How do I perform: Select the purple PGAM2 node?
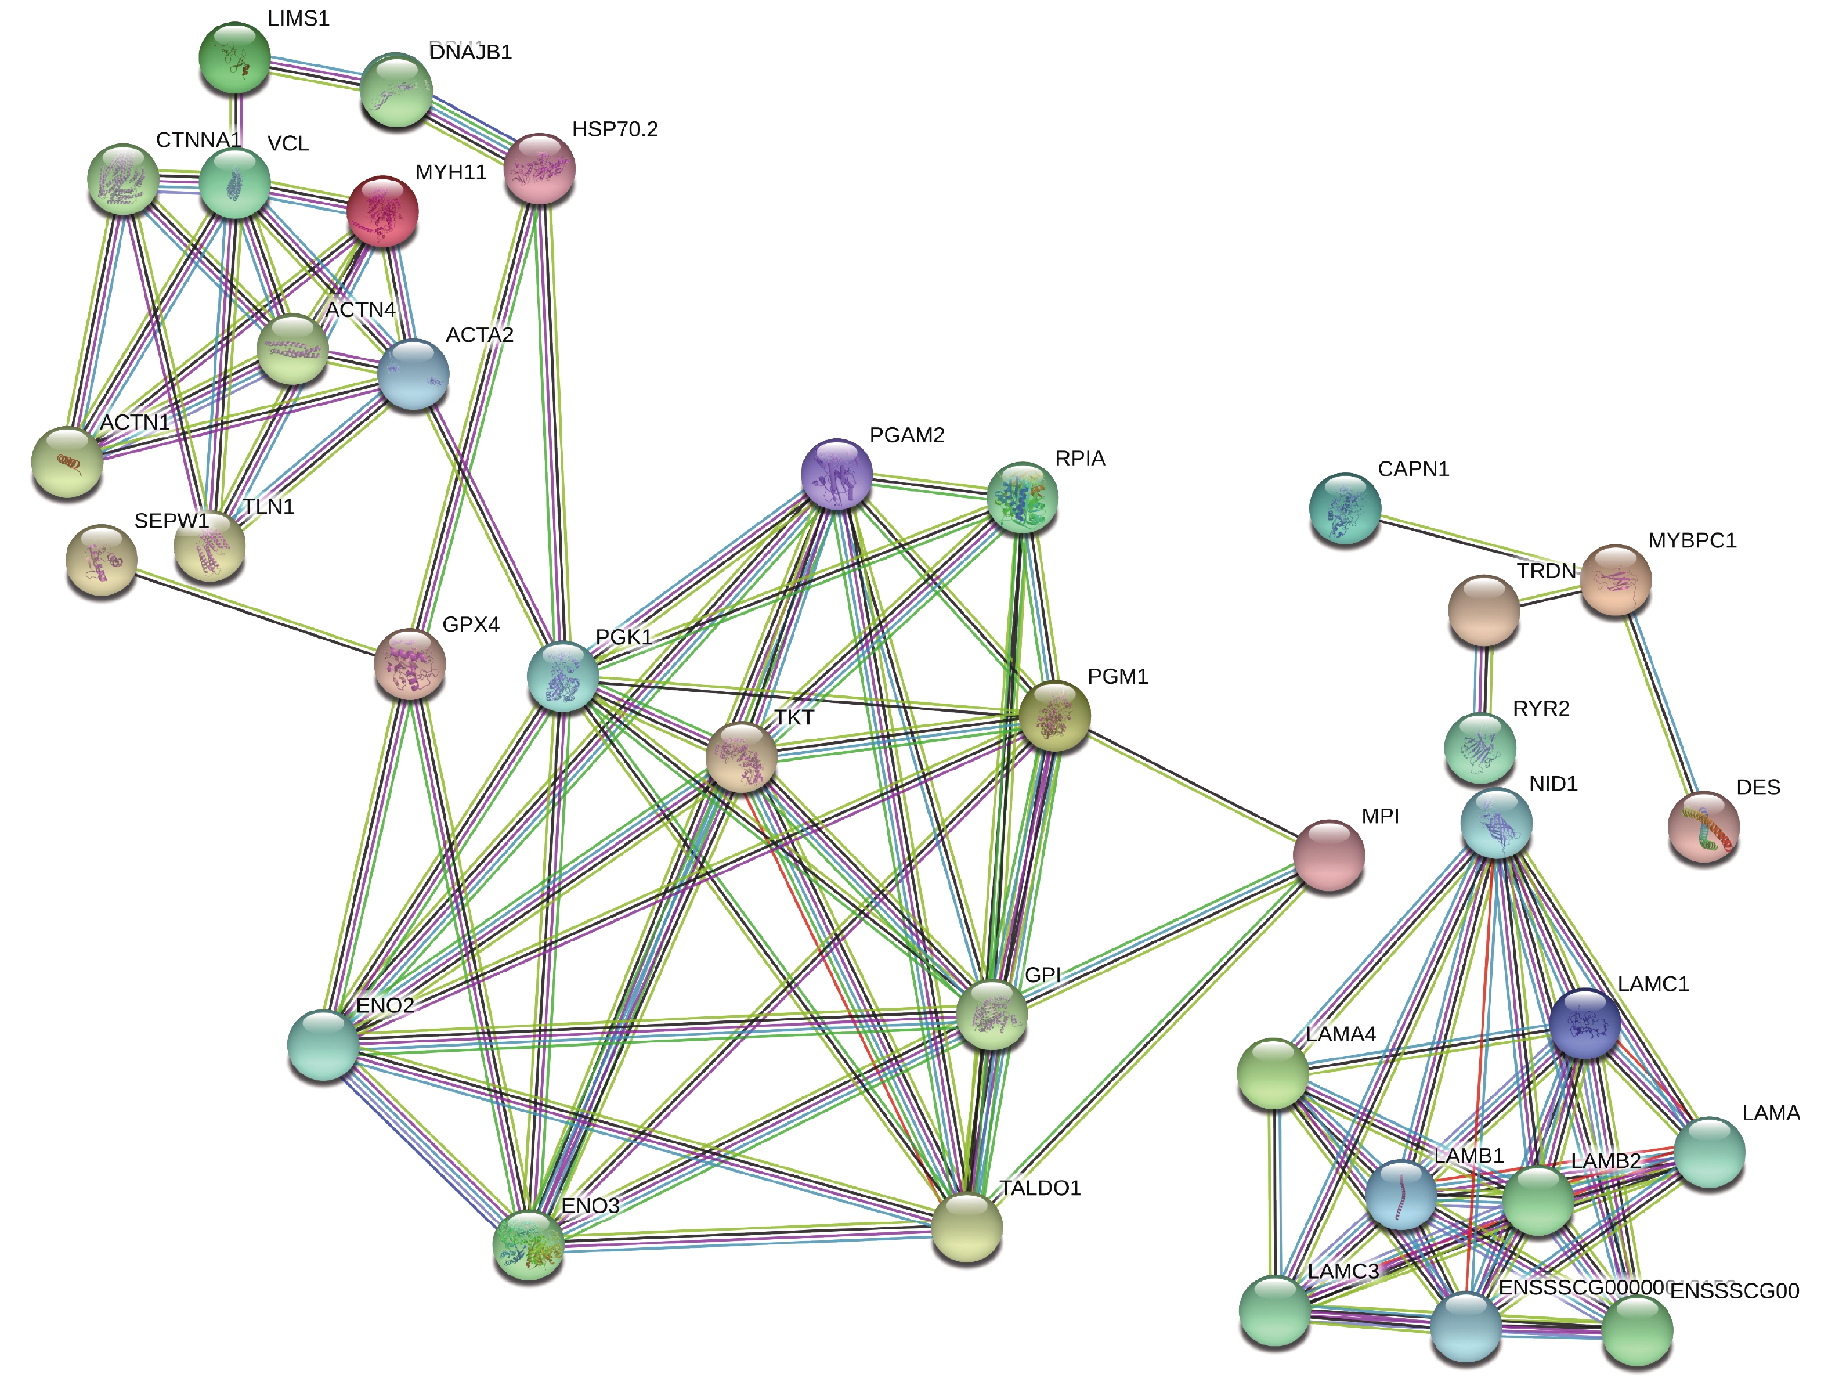[836, 474]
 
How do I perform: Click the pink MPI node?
[1328, 855]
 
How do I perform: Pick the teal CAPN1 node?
[1345, 508]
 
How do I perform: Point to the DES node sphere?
[1703, 827]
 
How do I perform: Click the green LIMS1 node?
[234, 58]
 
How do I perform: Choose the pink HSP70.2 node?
[539, 169]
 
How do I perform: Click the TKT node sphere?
[741, 757]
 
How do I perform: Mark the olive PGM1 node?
[1054, 716]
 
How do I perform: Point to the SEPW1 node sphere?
[102, 561]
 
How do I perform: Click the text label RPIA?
[1079, 459]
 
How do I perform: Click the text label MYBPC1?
[1692, 540]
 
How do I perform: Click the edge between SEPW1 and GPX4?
[256, 612]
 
